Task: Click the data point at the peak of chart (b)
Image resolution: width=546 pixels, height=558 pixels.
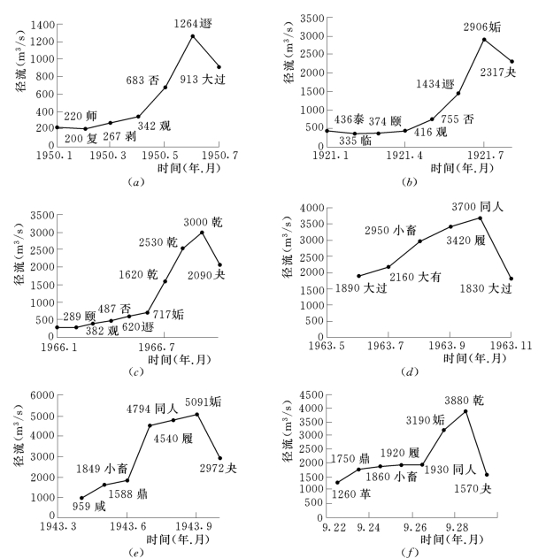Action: point(484,40)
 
